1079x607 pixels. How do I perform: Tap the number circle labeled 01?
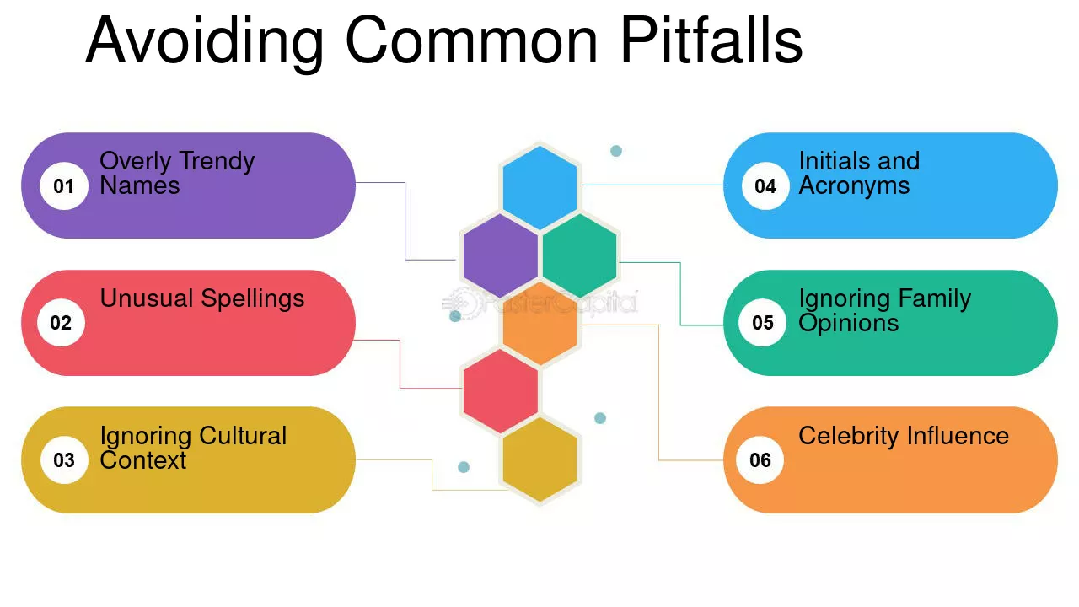coord(63,186)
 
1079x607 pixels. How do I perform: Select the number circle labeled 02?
coord(62,322)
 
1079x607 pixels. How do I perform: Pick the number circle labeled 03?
coord(64,460)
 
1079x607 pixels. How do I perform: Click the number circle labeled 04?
coord(765,186)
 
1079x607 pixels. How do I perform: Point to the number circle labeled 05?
coord(763,322)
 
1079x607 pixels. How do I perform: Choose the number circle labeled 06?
coord(760,460)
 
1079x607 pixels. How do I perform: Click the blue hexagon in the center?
coord(540,188)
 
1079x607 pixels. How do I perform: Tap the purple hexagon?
coord(501,255)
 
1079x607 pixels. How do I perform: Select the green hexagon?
coord(579,255)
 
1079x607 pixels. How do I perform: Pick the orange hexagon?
coord(540,324)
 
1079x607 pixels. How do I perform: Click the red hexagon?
coord(501,391)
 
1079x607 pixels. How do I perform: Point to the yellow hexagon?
coord(540,459)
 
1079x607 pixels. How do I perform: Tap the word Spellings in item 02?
coord(253,299)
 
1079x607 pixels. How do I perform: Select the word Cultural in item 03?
coord(243,436)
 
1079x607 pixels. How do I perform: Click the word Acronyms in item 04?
coord(854,186)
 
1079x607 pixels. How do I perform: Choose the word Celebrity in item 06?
coord(849,437)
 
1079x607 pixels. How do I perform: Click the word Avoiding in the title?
coord(205,41)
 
